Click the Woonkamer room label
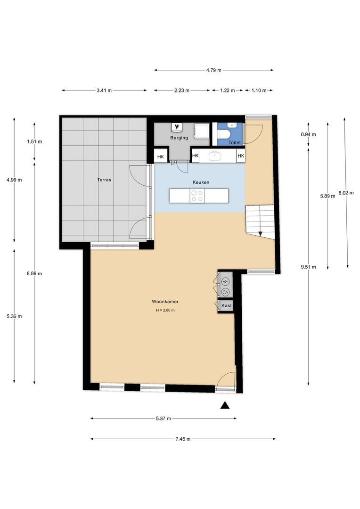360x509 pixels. [165, 302]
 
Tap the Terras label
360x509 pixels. [104, 180]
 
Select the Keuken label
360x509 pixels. [201, 182]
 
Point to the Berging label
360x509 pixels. [179, 138]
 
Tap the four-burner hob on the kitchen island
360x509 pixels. [196, 196]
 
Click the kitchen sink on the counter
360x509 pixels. [214, 156]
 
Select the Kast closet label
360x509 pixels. [227, 305]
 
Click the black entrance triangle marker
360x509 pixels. [225, 405]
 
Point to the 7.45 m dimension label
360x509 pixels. [183, 439]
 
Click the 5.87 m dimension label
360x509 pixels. [164, 419]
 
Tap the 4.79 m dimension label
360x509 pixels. [213, 70]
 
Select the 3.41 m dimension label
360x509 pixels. [104, 90]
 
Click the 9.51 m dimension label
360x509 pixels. [308, 267]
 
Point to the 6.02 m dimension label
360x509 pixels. [346, 193]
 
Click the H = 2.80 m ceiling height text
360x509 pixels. [165, 310]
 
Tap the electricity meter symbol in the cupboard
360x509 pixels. [225, 281]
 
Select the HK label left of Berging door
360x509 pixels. [161, 157]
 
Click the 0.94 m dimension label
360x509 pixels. [308, 134]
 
